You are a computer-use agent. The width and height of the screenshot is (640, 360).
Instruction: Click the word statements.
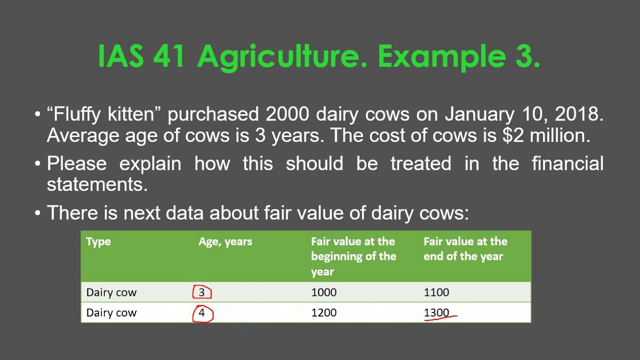tap(97, 184)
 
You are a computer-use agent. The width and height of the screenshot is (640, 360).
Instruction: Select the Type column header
tap(98, 241)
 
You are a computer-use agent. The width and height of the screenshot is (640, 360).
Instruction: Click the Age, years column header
tap(225, 241)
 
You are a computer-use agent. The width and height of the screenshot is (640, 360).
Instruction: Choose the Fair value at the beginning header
tap(353, 256)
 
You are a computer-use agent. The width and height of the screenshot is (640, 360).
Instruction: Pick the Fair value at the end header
tap(465, 249)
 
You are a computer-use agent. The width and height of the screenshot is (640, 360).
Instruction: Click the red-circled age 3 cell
tap(202, 292)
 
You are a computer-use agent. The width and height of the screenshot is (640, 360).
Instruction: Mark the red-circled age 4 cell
tap(202, 313)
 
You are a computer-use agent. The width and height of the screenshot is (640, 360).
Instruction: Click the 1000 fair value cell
tap(324, 292)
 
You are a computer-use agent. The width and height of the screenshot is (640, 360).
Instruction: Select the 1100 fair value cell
tap(436, 292)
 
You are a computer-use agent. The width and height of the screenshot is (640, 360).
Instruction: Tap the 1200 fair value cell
tap(324, 313)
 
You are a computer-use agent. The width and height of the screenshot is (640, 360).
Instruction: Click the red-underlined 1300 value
tap(437, 313)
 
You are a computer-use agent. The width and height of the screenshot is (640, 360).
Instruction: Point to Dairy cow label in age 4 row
tap(111, 313)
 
